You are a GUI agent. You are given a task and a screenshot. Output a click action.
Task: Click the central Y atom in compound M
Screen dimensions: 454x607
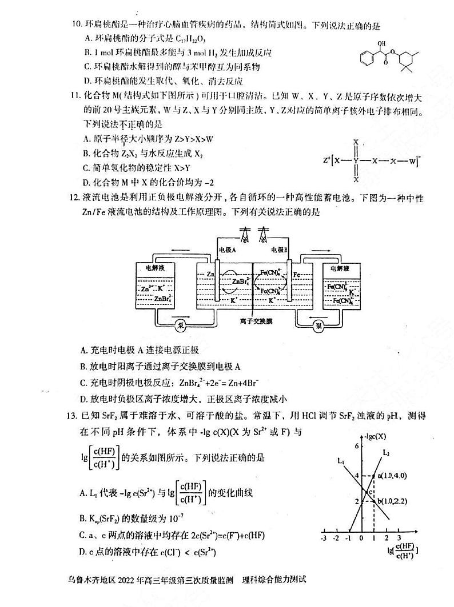coord(356,160)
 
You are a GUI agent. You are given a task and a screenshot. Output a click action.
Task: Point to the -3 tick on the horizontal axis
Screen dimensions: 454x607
coord(324,538)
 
